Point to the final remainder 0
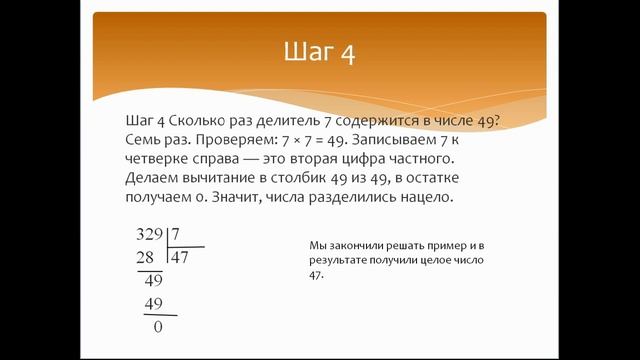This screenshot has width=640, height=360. coord(157,326)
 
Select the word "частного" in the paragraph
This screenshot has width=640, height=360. coord(420,159)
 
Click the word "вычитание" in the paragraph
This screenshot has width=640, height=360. coord(219,179)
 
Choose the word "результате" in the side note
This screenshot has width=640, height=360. coord(339,259)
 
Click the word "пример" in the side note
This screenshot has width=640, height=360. coord(451,245)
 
